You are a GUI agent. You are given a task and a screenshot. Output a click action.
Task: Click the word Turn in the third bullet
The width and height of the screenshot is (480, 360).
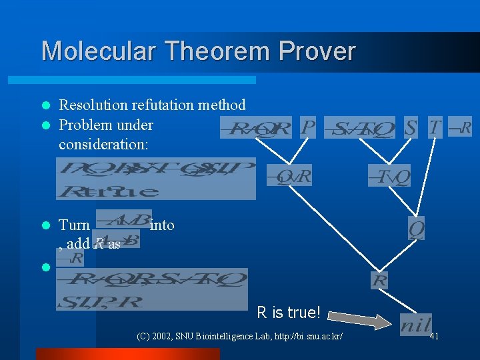click(x=74, y=225)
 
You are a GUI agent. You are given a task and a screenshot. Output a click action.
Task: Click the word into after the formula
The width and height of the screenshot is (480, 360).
click(x=163, y=225)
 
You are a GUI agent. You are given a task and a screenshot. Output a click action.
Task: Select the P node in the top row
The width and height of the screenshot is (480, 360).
click(x=307, y=127)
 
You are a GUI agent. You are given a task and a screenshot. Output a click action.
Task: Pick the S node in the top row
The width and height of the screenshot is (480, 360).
click(x=411, y=127)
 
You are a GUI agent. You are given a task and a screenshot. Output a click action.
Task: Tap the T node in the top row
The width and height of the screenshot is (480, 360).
click(x=435, y=127)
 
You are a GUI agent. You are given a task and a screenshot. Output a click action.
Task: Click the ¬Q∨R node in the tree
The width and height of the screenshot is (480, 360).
click(x=289, y=176)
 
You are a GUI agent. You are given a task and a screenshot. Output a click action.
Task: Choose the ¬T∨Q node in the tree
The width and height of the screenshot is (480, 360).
click(x=389, y=176)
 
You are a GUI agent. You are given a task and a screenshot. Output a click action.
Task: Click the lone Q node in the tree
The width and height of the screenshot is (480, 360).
click(x=417, y=229)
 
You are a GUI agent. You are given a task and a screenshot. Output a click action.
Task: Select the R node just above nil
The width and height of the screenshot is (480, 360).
click(x=379, y=280)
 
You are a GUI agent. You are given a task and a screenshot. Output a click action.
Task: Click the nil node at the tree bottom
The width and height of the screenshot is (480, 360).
click(x=415, y=325)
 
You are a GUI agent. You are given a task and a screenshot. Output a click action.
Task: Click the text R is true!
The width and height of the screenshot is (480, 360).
click(x=289, y=312)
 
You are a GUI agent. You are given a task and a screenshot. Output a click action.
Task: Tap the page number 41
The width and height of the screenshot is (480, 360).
click(x=434, y=336)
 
